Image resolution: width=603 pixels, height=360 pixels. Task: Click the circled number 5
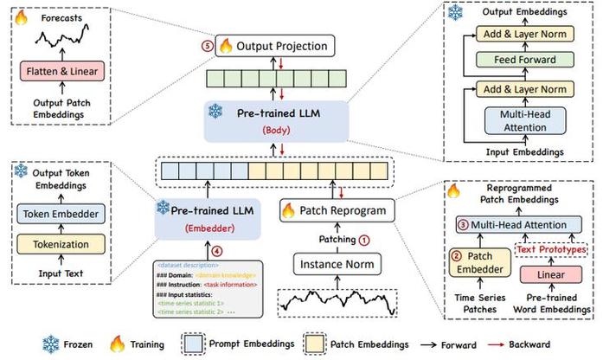[x=206, y=45]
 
